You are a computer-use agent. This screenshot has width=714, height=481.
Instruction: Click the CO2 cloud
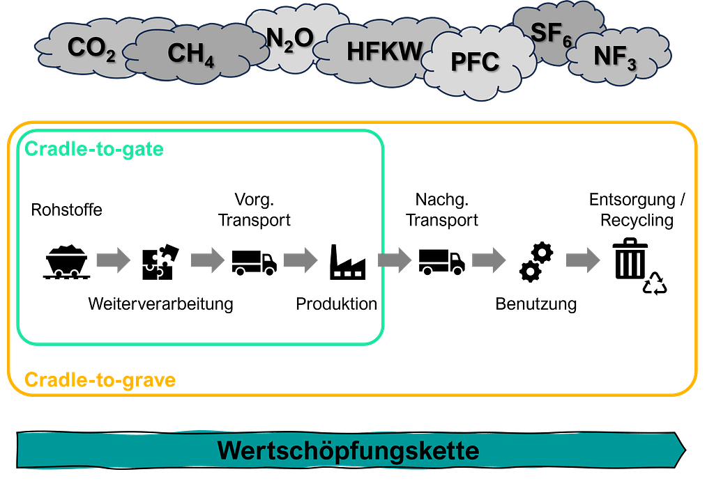click(x=87, y=49)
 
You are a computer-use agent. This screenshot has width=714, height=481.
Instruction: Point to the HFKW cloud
click(x=384, y=51)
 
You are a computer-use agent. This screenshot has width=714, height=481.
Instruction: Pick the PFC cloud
click(x=475, y=63)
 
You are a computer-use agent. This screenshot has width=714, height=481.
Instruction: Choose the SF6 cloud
click(x=551, y=33)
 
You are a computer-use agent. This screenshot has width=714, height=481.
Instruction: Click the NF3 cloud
click(x=614, y=58)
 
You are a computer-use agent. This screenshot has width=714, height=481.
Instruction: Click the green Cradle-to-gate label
click(x=94, y=148)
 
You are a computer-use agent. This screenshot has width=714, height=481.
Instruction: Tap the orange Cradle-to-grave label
click(x=100, y=380)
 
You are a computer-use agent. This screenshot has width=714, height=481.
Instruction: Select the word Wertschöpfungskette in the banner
click(x=348, y=450)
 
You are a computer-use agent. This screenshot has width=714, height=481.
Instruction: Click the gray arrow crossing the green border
click(x=395, y=260)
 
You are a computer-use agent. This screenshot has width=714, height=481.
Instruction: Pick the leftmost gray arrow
click(x=113, y=260)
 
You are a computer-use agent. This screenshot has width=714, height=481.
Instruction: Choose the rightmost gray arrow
click(x=583, y=260)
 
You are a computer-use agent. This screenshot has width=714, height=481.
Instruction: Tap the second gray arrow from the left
click(x=207, y=260)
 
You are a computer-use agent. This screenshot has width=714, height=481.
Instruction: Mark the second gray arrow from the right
click(x=488, y=260)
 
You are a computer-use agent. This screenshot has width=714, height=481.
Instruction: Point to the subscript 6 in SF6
click(x=567, y=41)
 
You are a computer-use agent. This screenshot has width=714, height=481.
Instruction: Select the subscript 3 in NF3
click(x=631, y=65)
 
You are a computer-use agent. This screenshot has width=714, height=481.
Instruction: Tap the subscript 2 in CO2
click(x=110, y=56)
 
